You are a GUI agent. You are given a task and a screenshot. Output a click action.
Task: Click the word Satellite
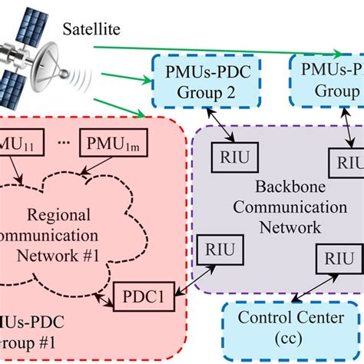click(91, 30)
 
